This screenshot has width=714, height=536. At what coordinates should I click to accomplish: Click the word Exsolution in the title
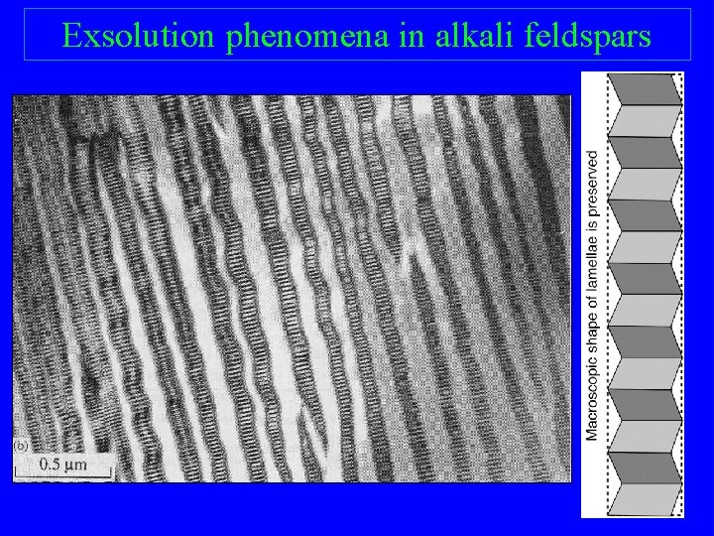(139, 36)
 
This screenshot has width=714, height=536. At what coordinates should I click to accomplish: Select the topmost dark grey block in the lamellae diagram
(645, 89)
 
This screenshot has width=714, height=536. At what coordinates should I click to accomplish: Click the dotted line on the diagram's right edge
(683, 298)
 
